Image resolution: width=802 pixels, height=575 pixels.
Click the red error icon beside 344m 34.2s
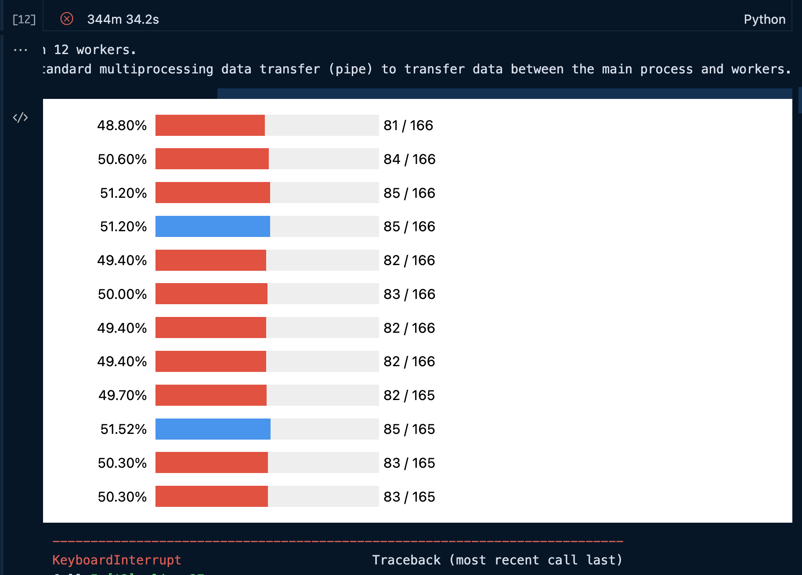click(x=67, y=19)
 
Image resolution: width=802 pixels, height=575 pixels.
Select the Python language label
click(x=764, y=19)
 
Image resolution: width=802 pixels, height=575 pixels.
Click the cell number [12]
click(x=24, y=19)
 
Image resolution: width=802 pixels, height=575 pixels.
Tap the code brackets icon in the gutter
click(x=20, y=117)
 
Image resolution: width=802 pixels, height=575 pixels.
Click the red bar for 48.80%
click(x=210, y=125)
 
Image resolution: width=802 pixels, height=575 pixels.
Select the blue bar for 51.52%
click(x=213, y=429)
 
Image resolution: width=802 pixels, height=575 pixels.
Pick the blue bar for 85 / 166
click(x=213, y=226)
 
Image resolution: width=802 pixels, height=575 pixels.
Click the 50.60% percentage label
click(x=122, y=159)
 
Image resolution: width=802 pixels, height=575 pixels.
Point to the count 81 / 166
click(x=408, y=125)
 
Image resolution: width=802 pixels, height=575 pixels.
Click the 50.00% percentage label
click(x=122, y=294)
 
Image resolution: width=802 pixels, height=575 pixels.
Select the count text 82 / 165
click(x=409, y=395)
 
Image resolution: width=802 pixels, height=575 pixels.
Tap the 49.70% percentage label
click(x=123, y=395)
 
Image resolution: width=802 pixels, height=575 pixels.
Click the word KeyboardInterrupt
click(x=116, y=560)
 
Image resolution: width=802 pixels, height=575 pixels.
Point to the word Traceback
click(x=406, y=560)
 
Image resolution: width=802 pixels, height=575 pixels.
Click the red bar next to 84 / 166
click(x=212, y=159)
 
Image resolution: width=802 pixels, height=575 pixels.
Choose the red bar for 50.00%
click(x=211, y=294)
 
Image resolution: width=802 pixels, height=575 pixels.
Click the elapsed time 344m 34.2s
click(x=123, y=19)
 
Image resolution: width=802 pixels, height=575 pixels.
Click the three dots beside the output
click(x=20, y=50)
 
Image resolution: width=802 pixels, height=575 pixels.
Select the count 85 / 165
click(x=409, y=429)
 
